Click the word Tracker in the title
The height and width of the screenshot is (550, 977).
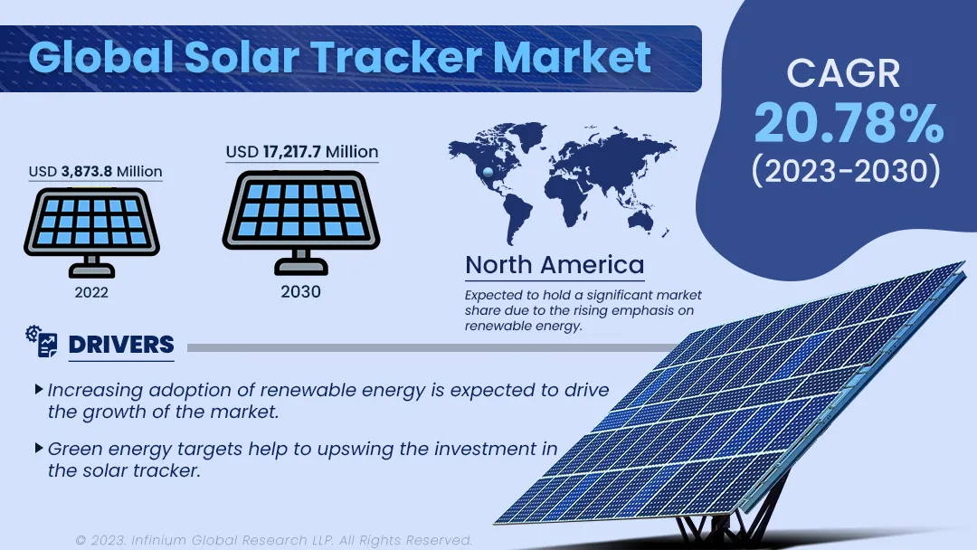pos(397,58)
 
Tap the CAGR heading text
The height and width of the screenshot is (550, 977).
pos(843,73)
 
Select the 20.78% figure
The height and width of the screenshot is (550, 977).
pos(849,123)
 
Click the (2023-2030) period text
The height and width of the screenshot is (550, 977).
pos(846,171)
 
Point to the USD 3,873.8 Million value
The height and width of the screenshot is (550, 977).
pos(95,171)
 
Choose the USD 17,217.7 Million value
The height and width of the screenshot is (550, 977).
pos(301,151)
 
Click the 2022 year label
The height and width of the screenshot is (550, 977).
pos(91,292)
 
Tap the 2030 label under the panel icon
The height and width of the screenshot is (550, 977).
pos(300,291)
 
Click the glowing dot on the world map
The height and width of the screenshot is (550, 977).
pos(488,172)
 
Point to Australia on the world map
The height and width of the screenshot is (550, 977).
pos(641,219)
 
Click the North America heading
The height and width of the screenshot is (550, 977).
pos(555,265)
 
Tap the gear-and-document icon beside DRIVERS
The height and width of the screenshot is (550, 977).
pos(42,341)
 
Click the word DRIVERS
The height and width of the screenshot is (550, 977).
pos(121,345)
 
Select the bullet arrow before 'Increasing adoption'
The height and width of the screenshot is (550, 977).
pos(39,389)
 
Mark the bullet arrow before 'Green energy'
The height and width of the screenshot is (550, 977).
pos(39,448)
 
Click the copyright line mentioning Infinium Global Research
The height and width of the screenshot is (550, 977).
pos(273,540)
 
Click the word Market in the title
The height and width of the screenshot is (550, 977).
pos(572,58)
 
